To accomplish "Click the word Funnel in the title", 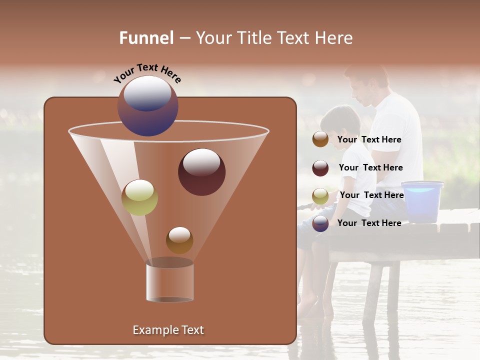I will point(146,38).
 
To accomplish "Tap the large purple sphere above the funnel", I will point(147,105).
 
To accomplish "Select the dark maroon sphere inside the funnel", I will point(201,172).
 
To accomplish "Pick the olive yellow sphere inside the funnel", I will point(139,197).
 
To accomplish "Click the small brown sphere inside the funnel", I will point(179,240).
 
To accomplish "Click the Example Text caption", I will point(168,330).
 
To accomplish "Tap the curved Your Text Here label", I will point(147,73).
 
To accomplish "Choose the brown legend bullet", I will point(320,139).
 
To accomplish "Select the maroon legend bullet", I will point(320,168).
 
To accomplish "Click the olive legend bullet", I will point(320,195).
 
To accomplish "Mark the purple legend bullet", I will point(320,223).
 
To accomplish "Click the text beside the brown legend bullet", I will point(369,140).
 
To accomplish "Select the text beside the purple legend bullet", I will point(369,223).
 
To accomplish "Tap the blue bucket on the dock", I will point(422,201).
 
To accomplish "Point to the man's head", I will point(367,85).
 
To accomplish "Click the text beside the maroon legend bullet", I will point(370,168).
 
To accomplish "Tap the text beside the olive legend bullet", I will point(371,195).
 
